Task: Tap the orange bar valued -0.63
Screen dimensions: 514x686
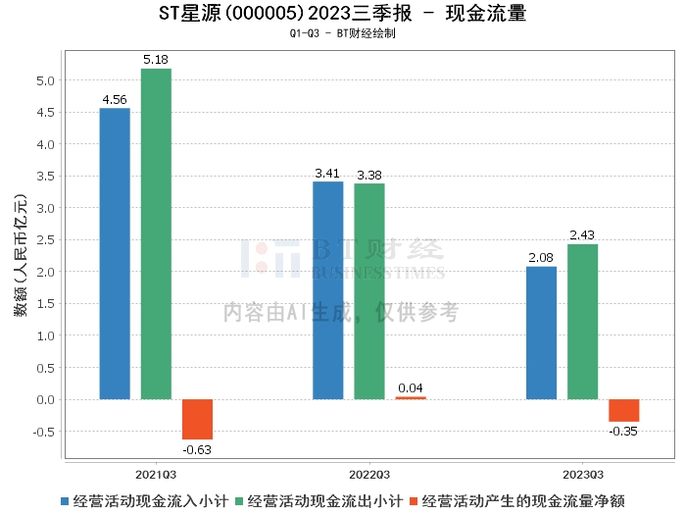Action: pyautogui.click(x=197, y=419)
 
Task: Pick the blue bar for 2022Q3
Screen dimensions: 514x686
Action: pyautogui.click(x=327, y=290)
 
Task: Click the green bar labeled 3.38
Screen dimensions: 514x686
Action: pyautogui.click(x=369, y=291)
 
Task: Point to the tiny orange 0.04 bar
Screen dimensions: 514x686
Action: pyautogui.click(x=411, y=397)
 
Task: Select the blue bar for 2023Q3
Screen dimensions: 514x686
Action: pyautogui.click(x=541, y=333)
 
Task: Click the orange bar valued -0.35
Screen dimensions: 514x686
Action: pyautogui.click(x=623, y=410)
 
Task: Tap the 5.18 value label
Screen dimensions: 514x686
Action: pyautogui.click(x=156, y=61)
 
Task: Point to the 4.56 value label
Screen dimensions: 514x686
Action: pyautogui.click(x=115, y=99)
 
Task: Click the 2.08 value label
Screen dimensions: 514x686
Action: pyautogui.click(x=541, y=258)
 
